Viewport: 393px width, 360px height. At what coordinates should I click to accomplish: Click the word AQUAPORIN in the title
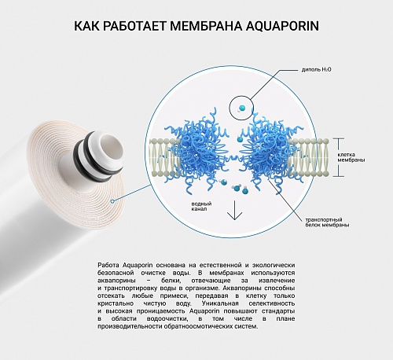[x=282, y=26]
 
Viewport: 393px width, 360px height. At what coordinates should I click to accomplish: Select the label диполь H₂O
[x=316, y=70]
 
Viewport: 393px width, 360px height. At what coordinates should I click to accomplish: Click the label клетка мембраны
[x=351, y=157]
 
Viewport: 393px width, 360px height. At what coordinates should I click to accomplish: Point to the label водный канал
[x=201, y=206]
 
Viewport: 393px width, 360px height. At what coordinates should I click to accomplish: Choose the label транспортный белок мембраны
[x=327, y=222]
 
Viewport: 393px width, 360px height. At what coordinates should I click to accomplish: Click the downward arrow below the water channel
[x=234, y=210]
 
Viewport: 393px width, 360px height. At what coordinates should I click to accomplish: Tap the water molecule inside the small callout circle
[x=241, y=108]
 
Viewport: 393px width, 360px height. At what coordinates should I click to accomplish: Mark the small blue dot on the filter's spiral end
[x=112, y=201]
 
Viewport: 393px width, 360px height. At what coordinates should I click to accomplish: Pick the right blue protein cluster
[x=273, y=152]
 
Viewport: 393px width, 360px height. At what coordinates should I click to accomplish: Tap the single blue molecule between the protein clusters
[x=239, y=139]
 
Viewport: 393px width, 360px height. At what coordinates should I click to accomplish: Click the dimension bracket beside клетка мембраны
[x=340, y=157]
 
